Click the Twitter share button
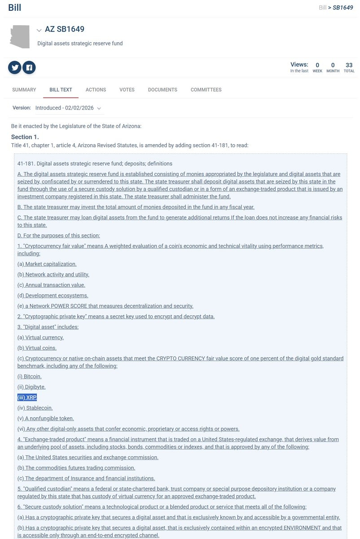[x=15, y=67]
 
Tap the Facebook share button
[x=29, y=67]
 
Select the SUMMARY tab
[x=24, y=90]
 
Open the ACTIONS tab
[x=96, y=90]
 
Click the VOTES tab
[x=127, y=90]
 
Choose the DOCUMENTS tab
[x=162, y=90]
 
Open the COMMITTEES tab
[x=206, y=90]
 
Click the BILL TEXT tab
[x=61, y=90]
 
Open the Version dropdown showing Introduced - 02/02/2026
[x=69, y=108]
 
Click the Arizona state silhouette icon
[x=20, y=36]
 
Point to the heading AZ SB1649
[x=64, y=30]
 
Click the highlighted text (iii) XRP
[x=27, y=398]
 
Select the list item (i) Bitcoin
[x=30, y=376]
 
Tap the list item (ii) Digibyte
[x=31, y=387]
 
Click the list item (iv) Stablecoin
[x=35, y=408]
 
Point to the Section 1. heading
[x=25, y=137]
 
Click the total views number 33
[x=349, y=65]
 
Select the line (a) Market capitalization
[x=47, y=264]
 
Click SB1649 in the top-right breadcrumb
[x=343, y=8]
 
